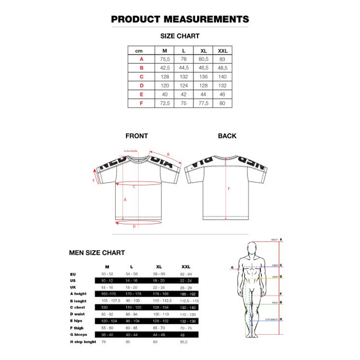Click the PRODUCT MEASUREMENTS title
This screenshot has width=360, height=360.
click(180, 20)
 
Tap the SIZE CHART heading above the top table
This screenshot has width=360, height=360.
click(180, 36)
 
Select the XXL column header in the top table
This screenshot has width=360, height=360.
click(223, 51)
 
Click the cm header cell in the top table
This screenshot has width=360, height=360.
click(139, 51)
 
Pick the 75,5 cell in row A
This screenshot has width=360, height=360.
click(165, 59)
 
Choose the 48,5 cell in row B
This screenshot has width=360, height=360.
click(223, 68)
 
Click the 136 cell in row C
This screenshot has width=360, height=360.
click(203, 77)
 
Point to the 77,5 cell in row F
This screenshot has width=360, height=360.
click(203, 103)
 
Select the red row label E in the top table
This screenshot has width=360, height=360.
click(140, 94)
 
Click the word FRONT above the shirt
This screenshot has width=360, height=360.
click(137, 136)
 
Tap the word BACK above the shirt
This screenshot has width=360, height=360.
click(227, 136)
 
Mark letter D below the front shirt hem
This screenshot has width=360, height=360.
click(134, 226)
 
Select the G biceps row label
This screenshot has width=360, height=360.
click(80, 334)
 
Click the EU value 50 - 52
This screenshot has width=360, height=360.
click(107, 274)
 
